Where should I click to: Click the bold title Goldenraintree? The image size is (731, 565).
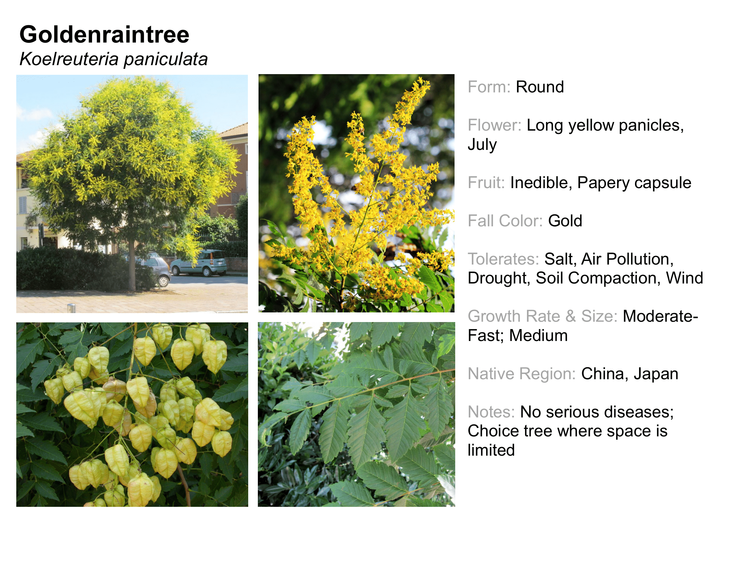(104, 35)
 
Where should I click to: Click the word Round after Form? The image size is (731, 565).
(540, 87)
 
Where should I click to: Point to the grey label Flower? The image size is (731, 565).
(494, 125)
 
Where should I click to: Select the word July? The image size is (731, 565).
(482, 145)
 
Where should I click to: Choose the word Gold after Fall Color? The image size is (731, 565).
(565, 221)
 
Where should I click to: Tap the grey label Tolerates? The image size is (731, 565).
(503, 259)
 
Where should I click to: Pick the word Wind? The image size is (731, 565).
(684, 278)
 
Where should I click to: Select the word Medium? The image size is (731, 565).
(538, 336)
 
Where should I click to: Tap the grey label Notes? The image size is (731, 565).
(491, 412)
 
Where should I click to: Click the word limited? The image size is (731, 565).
(491, 450)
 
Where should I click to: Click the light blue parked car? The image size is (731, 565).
(199, 263)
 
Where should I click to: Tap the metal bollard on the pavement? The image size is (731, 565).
(71, 308)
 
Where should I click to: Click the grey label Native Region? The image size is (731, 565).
(521, 374)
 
